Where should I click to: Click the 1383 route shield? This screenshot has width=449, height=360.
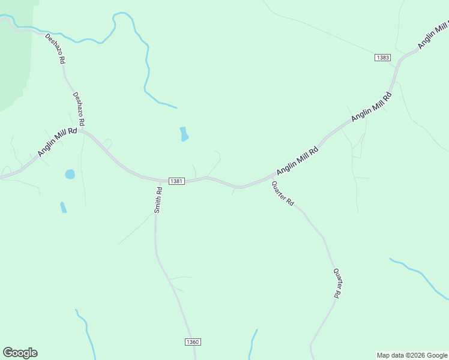382,58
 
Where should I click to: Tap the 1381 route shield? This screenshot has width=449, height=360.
176,181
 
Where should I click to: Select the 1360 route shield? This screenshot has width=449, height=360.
192,342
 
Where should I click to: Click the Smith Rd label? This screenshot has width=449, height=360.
158,200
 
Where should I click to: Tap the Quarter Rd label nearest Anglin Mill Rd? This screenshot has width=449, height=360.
283,194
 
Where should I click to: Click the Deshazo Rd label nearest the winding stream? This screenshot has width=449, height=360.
55,49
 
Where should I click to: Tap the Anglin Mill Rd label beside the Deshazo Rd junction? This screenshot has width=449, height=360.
57,142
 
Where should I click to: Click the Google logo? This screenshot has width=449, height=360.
20,353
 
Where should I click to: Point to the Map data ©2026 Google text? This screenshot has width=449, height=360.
412,355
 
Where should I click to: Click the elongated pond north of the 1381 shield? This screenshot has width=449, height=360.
184,134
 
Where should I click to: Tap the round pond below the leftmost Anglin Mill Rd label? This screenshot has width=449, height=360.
70,175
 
